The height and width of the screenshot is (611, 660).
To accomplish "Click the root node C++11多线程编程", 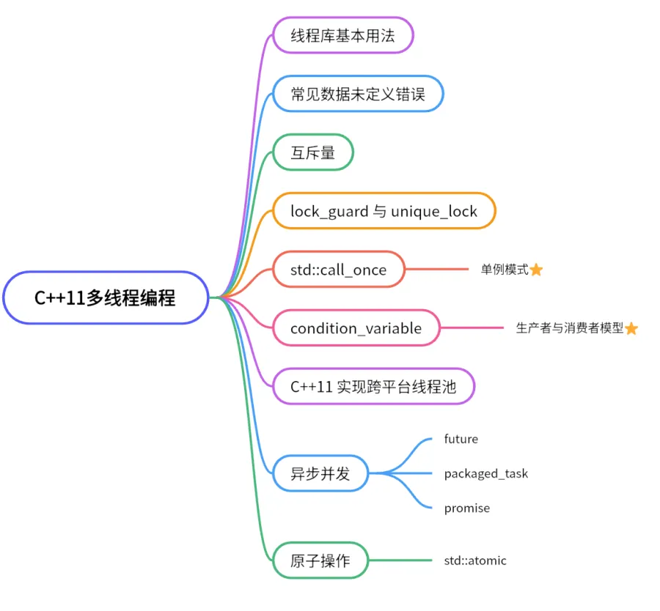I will pos(106,298).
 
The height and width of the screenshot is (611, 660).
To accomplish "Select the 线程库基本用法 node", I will pos(342,36).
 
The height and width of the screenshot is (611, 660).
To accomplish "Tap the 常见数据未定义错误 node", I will pos(357,95).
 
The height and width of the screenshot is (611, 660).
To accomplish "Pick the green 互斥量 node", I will pos(313,153).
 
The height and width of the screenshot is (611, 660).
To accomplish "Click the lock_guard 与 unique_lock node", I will pos(384,212).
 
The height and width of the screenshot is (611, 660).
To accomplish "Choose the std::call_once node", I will pos(338,270).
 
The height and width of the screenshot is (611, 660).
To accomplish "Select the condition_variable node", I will pos(356,328).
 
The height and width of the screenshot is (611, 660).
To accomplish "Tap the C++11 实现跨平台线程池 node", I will pos(373,387).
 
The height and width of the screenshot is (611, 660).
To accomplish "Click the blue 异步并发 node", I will pos(320,473).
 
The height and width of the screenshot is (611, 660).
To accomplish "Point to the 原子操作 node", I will pos(320,561).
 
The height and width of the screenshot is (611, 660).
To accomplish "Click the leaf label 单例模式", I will pos(505,270).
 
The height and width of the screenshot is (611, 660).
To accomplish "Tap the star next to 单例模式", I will pos(536,270).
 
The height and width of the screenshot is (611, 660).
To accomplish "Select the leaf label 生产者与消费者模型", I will pos(569,328).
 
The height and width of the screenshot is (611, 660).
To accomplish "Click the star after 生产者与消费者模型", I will pos(631,329).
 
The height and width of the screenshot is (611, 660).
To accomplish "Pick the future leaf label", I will pos(461,439).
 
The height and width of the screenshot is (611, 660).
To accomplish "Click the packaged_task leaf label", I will pos(485,473).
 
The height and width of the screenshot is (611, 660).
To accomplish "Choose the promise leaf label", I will pos(466,508).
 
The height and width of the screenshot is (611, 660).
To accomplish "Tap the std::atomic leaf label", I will pos(474,560).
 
